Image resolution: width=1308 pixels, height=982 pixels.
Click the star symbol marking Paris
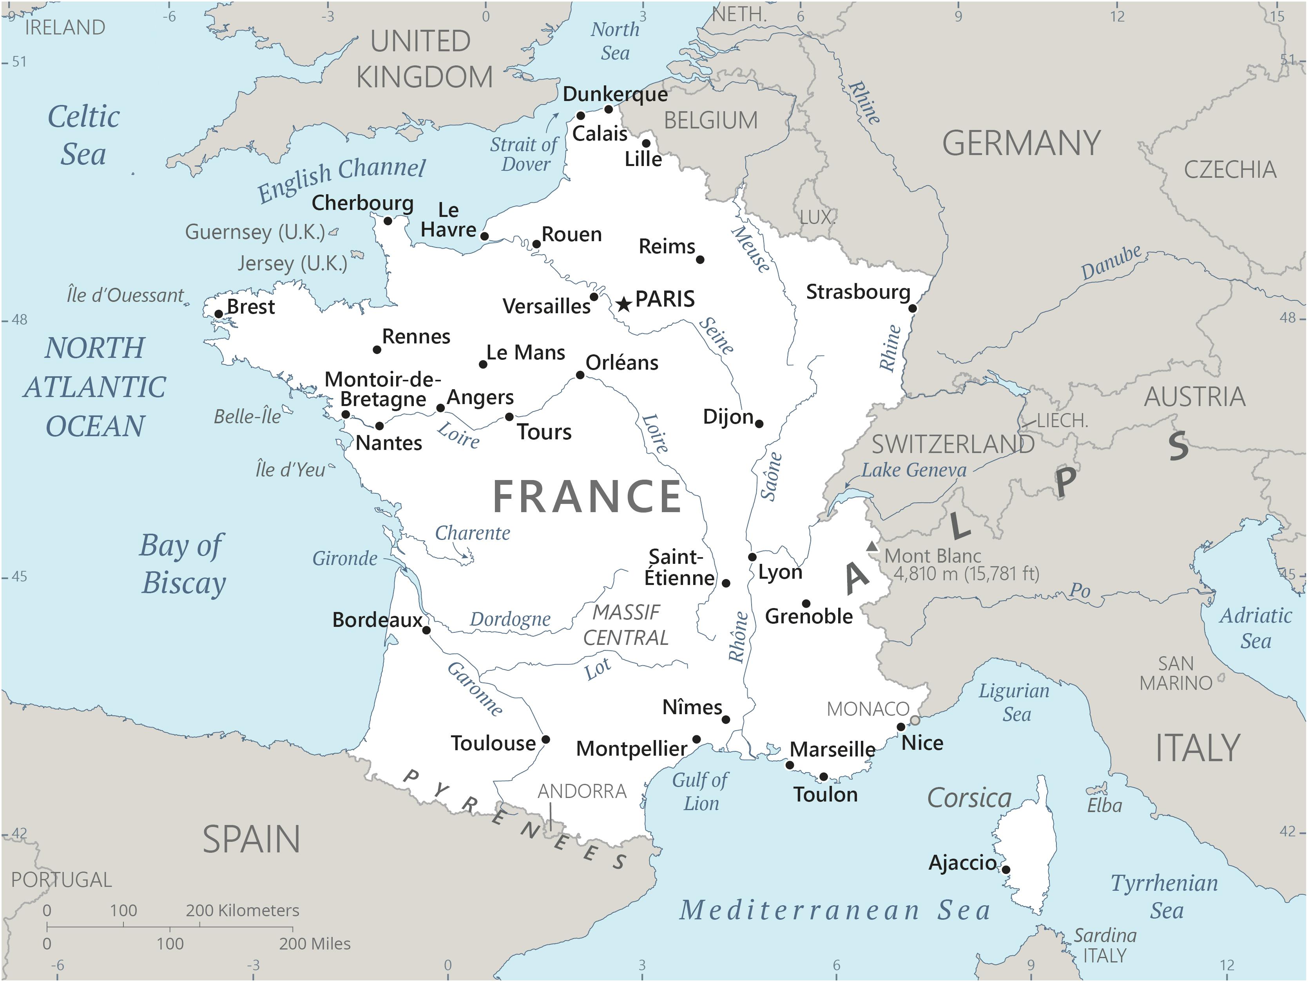(x=623, y=304)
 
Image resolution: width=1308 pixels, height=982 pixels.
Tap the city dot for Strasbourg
(x=912, y=309)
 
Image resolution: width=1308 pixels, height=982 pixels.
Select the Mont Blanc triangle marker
(x=872, y=547)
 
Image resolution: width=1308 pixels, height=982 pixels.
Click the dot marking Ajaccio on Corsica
(x=1006, y=870)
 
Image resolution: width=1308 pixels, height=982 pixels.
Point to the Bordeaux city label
(x=377, y=620)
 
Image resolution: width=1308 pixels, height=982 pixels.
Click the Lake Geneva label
(x=913, y=470)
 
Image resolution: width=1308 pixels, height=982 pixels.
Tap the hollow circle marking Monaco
(x=915, y=720)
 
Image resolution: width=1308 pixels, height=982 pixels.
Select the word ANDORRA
(x=582, y=791)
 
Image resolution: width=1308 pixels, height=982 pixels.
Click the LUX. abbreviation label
(x=816, y=217)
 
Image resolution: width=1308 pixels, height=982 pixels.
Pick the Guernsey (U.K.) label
(x=255, y=232)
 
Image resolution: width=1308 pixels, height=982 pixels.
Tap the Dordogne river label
(x=510, y=619)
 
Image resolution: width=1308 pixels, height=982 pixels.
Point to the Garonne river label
(x=475, y=689)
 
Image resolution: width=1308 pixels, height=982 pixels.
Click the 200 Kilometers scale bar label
(x=243, y=910)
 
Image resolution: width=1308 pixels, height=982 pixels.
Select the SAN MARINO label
(x=1176, y=673)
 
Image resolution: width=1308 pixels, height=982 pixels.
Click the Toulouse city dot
(x=546, y=740)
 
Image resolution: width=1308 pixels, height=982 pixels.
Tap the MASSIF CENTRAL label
(x=626, y=625)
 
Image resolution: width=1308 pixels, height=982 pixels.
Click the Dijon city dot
(x=759, y=424)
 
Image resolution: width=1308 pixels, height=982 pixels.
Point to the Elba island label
(x=1104, y=805)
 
